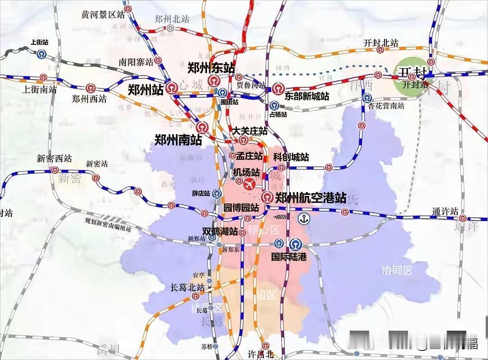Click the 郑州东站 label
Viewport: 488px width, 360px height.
tap(211, 68)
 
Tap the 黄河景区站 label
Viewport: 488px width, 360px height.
tap(103, 14)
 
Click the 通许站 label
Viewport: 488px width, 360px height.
tap(445, 211)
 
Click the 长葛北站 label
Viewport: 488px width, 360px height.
tap(187, 287)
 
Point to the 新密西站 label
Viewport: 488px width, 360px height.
tap(54, 158)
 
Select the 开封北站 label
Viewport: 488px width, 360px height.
tap(381, 43)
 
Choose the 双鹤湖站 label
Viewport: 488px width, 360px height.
tap(220, 231)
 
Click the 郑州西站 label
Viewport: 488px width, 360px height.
tap(89, 98)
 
